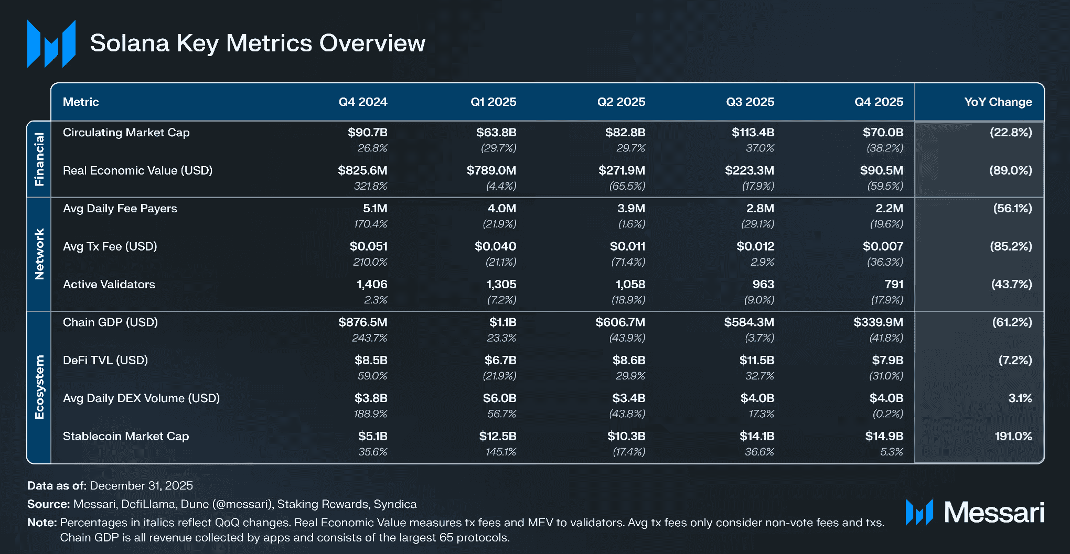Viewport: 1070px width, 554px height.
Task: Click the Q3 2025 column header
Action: tap(750, 102)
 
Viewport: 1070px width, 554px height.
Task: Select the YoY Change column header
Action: tap(998, 102)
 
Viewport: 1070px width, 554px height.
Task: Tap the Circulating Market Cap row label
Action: tap(126, 133)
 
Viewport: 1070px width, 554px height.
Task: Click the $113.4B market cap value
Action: tap(753, 133)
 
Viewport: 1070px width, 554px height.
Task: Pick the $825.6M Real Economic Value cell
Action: tap(362, 170)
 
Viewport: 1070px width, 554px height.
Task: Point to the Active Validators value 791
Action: tap(894, 284)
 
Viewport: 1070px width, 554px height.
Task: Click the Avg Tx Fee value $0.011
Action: tap(627, 246)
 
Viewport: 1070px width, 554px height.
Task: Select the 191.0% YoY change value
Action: tap(1013, 436)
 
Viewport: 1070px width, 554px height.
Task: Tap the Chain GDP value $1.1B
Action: tap(502, 322)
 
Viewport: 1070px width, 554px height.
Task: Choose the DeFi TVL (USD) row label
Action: tap(105, 360)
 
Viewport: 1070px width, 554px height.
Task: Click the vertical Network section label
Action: tap(39, 254)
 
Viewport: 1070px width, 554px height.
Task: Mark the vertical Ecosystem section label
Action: tap(39, 387)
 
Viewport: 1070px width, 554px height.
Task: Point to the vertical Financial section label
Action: tap(39, 159)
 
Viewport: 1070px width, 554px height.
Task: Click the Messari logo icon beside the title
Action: tap(51, 44)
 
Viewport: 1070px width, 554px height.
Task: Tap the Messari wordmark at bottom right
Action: tap(993, 512)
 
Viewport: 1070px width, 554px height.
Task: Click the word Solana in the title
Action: tap(130, 43)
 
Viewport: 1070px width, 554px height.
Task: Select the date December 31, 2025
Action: tap(141, 485)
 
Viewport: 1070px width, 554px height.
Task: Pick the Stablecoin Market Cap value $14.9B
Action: tap(884, 436)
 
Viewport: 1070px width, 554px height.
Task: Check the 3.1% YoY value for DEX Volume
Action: tap(1020, 398)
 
